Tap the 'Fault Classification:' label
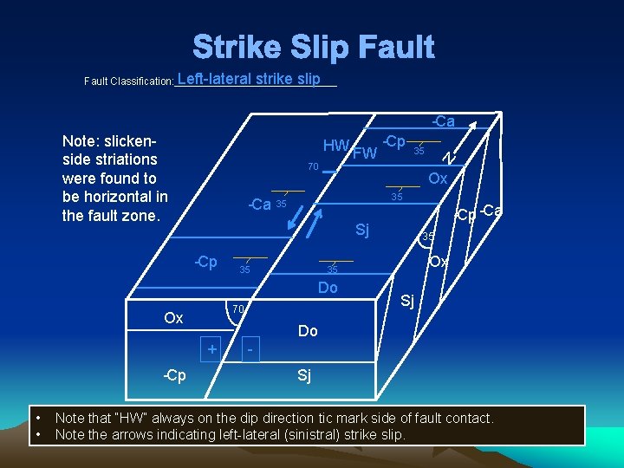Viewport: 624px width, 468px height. tap(128, 81)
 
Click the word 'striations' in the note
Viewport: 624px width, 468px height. tap(127, 159)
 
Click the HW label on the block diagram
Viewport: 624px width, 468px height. tap(335, 146)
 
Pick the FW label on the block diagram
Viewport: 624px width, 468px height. tap(365, 154)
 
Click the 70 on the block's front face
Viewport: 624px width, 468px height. tap(238, 309)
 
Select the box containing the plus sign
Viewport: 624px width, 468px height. tap(210, 348)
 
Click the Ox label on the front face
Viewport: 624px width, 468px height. tap(173, 318)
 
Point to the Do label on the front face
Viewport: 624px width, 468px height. tap(308, 331)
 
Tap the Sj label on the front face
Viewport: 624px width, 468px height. tap(304, 375)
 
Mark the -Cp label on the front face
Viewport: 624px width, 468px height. tap(174, 376)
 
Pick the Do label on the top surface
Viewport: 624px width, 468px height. tap(328, 288)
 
